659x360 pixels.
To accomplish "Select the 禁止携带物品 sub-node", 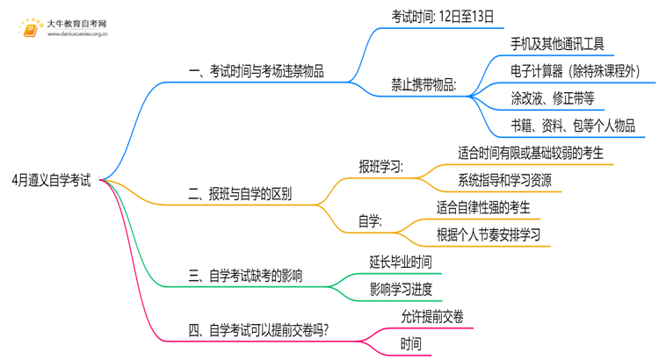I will click(424, 85).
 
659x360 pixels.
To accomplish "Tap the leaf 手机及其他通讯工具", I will click(557, 44).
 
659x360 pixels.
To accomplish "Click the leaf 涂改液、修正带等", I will click(552, 98).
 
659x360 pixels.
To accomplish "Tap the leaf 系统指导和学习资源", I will click(504, 181).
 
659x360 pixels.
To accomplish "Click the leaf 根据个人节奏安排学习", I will click(488, 235).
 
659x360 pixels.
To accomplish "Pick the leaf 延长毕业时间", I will click(401, 262).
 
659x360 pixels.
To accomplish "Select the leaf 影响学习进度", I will click(401, 289).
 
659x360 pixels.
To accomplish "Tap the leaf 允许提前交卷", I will click(432, 316).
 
